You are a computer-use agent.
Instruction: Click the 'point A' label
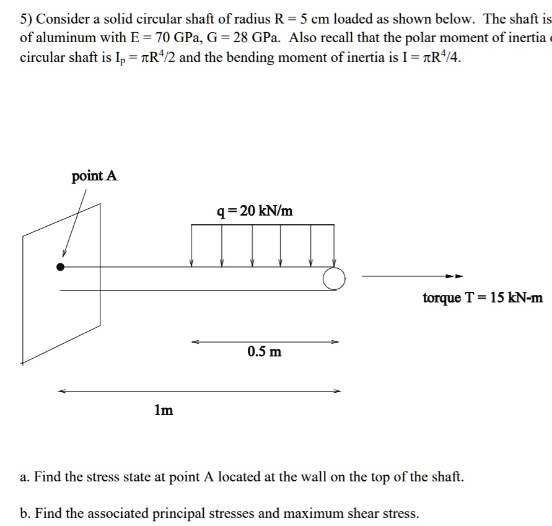(x=94, y=176)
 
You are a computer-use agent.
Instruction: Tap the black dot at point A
(x=60, y=267)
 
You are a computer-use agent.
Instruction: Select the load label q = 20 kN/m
(x=255, y=211)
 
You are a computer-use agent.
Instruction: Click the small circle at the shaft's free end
(x=333, y=279)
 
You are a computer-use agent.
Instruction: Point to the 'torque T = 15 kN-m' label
(x=483, y=298)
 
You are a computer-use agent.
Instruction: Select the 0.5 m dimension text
(x=264, y=352)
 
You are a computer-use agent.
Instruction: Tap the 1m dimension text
(x=164, y=410)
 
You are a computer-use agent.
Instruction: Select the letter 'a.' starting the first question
(x=25, y=477)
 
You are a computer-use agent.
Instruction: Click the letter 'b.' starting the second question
(x=25, y=513)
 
